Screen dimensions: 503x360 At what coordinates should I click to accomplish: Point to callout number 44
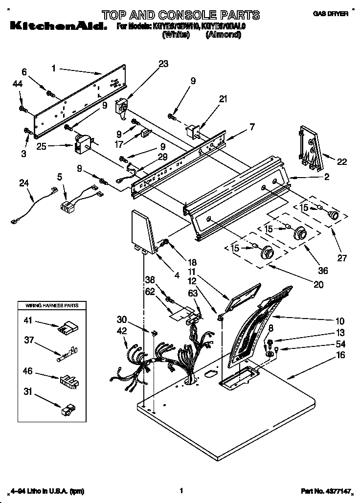[x=17, y=85]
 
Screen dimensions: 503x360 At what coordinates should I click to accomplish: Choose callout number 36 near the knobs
[x=322, y=270]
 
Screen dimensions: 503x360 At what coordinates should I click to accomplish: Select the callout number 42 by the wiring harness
[x=122, y=331]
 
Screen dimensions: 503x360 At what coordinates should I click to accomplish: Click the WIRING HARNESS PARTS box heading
[x=48, y=305]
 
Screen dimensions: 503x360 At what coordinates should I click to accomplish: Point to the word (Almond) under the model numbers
[x=223, y=35]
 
